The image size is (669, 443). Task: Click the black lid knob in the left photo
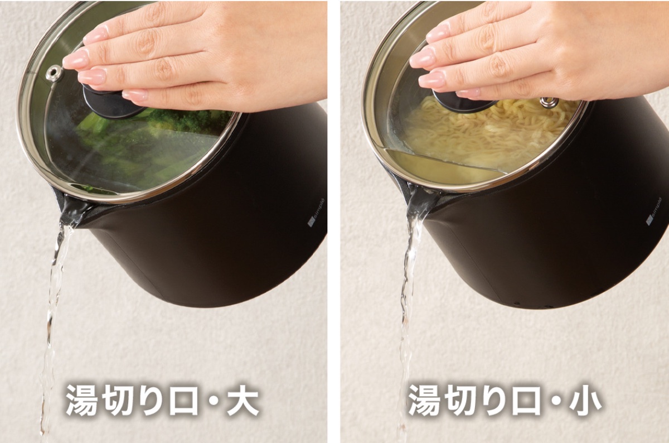pos(109,104)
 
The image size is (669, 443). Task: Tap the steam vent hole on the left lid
pos(54,73)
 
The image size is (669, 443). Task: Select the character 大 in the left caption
pos(242,399)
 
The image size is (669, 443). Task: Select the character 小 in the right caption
pos(584,399)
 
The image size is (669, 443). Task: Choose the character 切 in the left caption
pos(124,399)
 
